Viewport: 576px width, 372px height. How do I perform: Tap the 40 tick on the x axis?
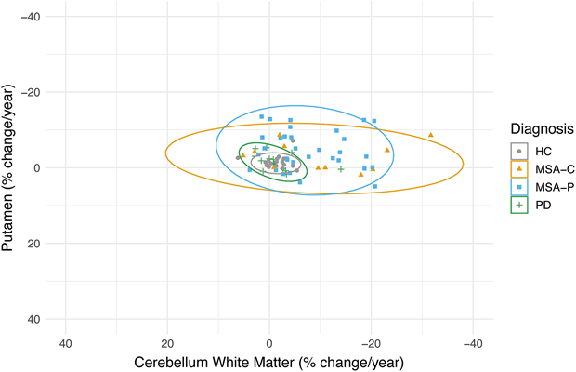click(x=66, y=340)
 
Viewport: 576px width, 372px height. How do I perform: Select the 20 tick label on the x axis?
click(x=167, y=340)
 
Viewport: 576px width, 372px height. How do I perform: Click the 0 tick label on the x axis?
click(x=269, y=340)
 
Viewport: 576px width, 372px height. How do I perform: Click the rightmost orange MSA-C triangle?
click(x=430, y=135)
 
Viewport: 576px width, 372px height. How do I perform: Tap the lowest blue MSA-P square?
click(x=375, y=186)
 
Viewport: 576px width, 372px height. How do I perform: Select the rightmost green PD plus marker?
click(x=341, y=169)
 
